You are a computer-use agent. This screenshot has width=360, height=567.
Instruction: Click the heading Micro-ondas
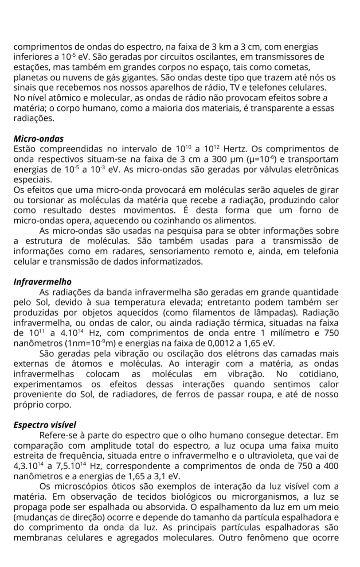tap(39, 139)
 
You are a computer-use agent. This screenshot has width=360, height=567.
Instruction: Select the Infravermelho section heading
tap(43, 282)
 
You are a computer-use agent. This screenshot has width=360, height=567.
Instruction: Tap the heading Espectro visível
tap(45, 425)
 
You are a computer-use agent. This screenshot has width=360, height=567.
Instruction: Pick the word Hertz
tap(237, 149)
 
